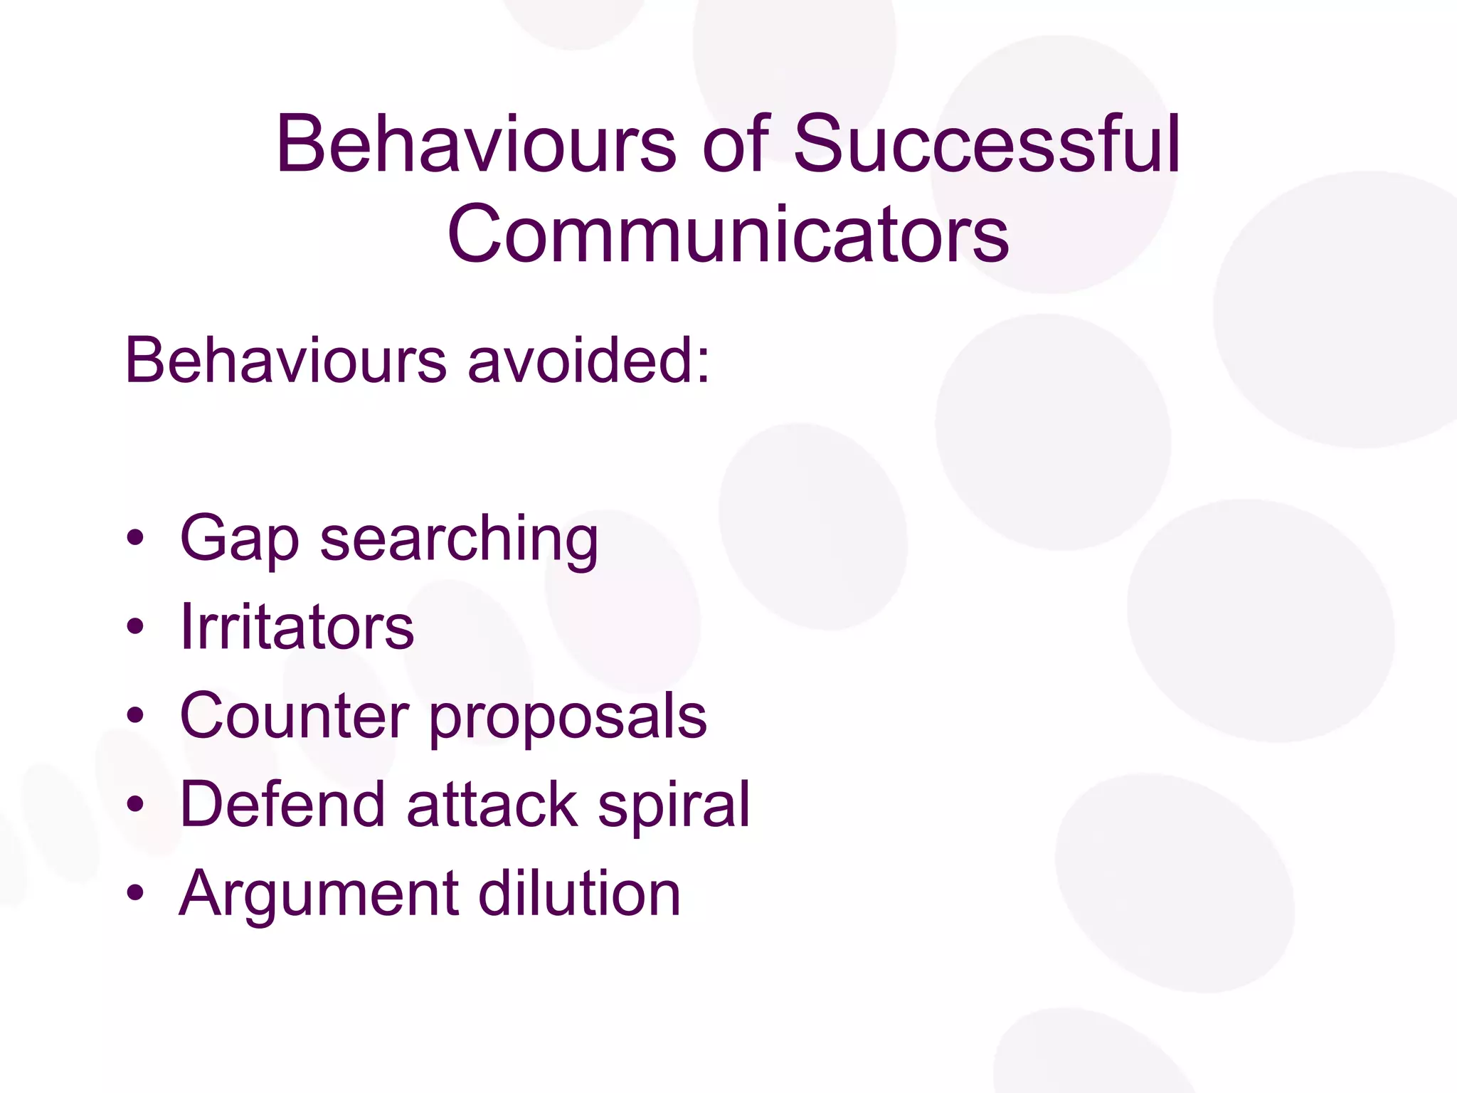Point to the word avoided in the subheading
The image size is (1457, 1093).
(x=588, y=360)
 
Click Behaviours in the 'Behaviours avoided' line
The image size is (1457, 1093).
(x=285, y=360)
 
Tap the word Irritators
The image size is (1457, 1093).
(x=297, y=627)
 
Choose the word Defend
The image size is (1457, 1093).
(x=282, y=804)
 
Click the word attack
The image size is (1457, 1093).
(x=492, y=804)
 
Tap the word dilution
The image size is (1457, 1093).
(x=579, y=893)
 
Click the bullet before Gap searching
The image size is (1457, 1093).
(x=135, y=539)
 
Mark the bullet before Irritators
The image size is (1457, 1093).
(x=135, y=628)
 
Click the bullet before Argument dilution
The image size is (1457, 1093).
(x=135, y=893)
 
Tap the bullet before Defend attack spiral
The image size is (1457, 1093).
(x=135, y=804)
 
